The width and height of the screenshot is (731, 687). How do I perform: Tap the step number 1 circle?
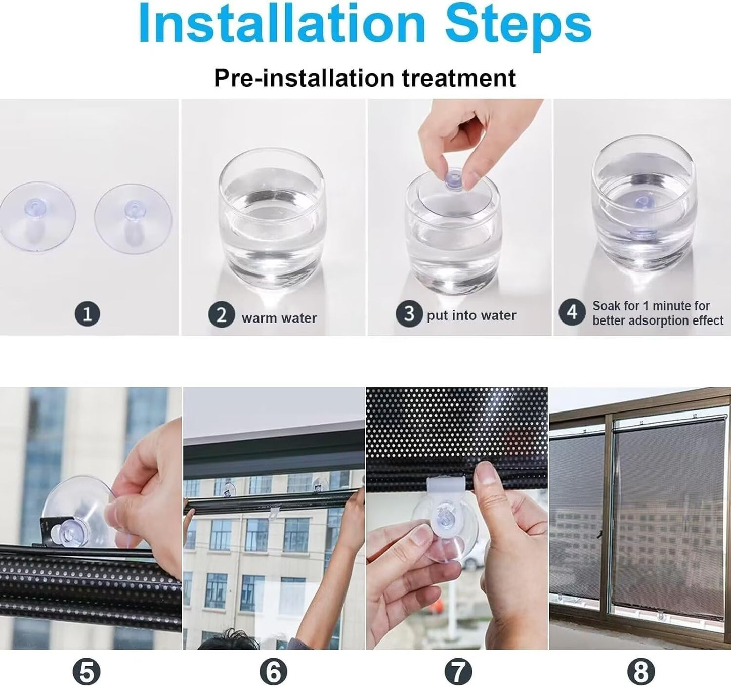(x=87, y=313)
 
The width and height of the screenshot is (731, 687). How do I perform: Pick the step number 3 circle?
(x=409, y=314)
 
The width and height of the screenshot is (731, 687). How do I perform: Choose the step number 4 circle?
(x=572, y=312)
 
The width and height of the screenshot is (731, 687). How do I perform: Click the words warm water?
(x=279, y=318)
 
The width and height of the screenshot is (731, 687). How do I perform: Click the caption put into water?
(x=471, y=315)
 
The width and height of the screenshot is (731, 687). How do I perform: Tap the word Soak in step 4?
(x=607, y=306)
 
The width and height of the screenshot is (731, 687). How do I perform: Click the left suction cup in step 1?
(x=37, y=217)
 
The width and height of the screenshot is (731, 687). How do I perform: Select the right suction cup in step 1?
(x=133, y=218)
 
